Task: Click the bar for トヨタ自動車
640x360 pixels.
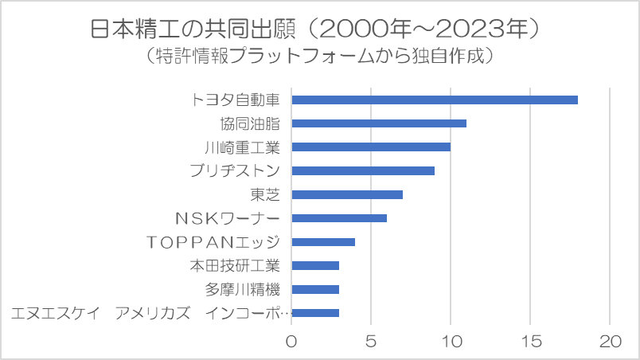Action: pos(435,100)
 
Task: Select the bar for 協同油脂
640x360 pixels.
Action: pos(379,123)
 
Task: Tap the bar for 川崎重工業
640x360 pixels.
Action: pos(371,147)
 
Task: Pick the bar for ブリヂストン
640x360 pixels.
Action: pos(363,170)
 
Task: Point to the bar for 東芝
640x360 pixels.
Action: pos(347,194)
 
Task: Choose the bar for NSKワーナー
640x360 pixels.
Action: pos(339,217)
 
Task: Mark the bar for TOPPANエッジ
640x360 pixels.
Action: pos(323,241)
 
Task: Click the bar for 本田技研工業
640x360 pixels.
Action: pos(315,265)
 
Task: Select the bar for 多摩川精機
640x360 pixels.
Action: pos(315,289)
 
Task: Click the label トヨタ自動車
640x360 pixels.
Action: pos(236,100)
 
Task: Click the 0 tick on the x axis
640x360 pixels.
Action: pos(291,342)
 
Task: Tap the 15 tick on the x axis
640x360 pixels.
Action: pos(530,342)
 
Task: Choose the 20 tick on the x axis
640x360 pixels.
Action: pos(610,342)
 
